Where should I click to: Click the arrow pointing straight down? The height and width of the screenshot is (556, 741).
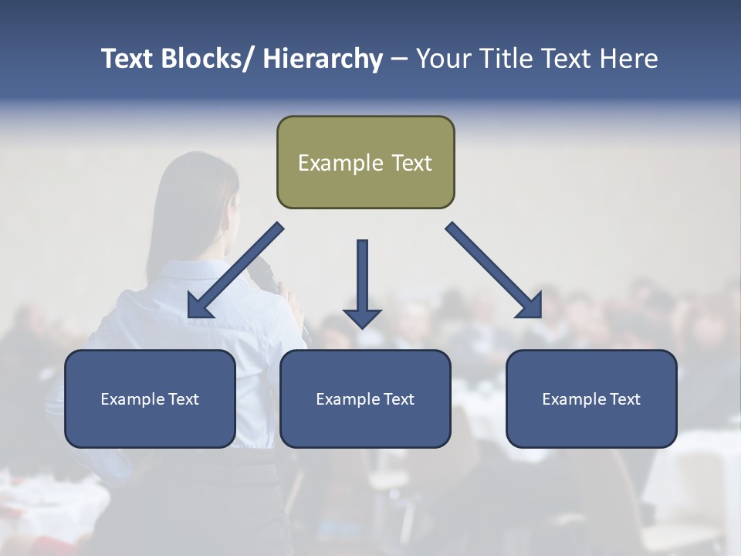(362, 286)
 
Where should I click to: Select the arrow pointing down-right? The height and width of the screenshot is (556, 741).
(494, 270)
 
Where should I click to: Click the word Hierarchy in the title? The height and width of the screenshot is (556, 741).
(323, 59)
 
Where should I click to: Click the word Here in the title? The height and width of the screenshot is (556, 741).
(628, 59)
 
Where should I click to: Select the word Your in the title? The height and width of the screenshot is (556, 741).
(442, 59)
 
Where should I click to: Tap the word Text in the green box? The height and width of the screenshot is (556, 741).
(411, 164)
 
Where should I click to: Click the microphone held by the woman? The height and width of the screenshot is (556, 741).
(266, 275)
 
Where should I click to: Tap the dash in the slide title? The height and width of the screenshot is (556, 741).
(399, 59)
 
